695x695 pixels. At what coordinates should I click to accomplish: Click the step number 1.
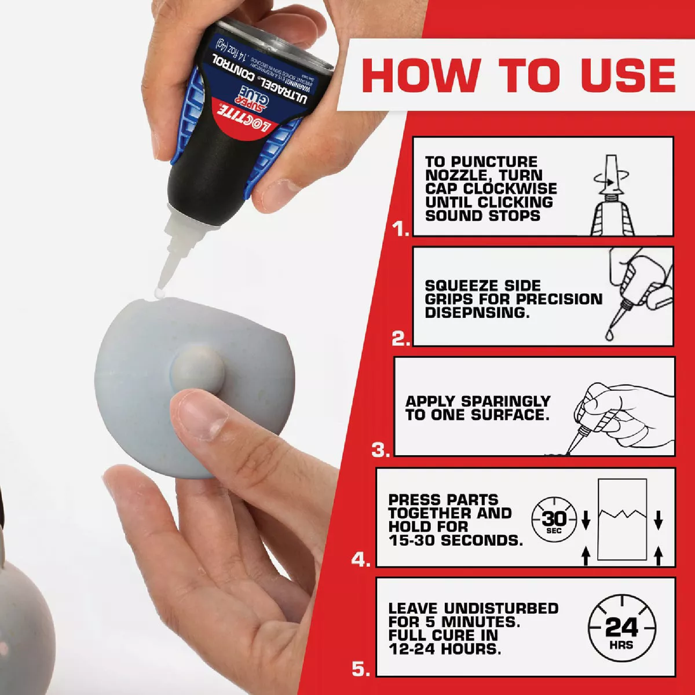[400, 230]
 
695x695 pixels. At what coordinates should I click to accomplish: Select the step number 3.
[380, 450]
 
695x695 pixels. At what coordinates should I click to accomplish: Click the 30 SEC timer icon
[554, 519]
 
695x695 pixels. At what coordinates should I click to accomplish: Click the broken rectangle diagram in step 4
[621, 520]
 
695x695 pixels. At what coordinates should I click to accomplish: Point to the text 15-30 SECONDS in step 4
[455, 540]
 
